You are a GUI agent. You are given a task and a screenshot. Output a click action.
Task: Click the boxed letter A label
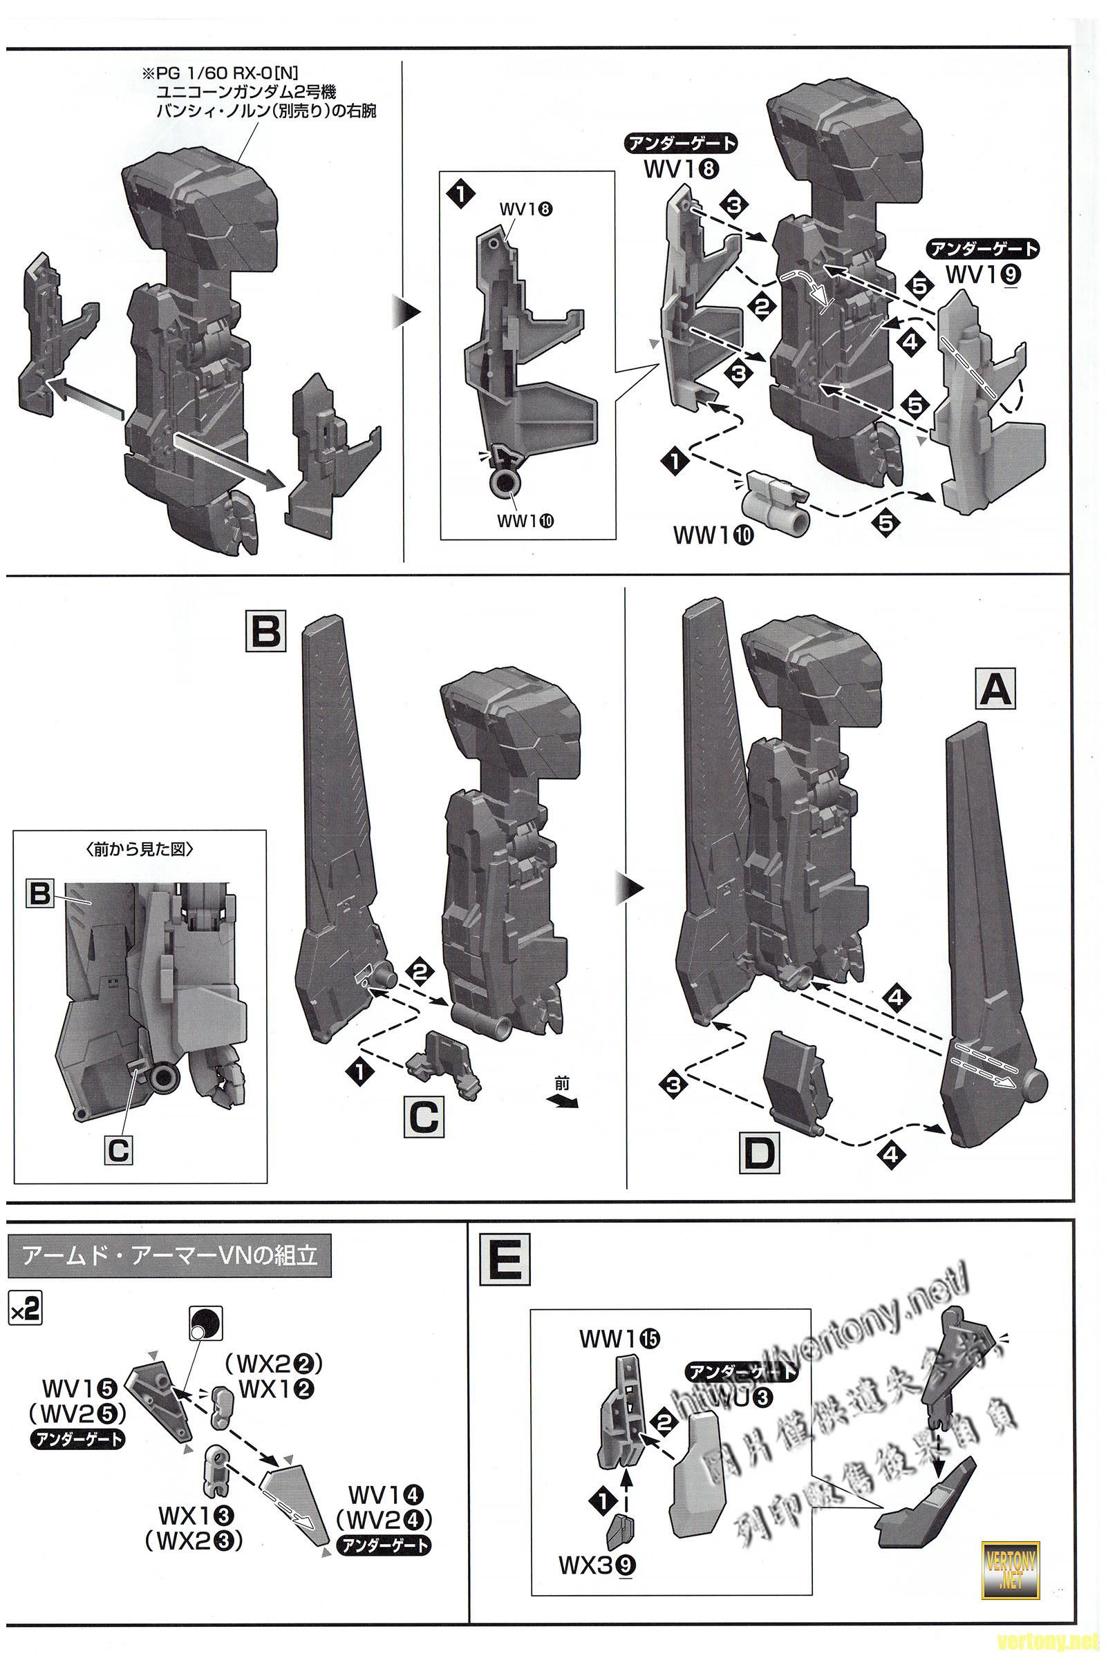pos(995,687)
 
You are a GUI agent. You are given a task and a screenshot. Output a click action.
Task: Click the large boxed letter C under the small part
pos(423,1116)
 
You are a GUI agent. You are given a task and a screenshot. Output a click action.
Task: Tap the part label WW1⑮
pos(619,1318)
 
